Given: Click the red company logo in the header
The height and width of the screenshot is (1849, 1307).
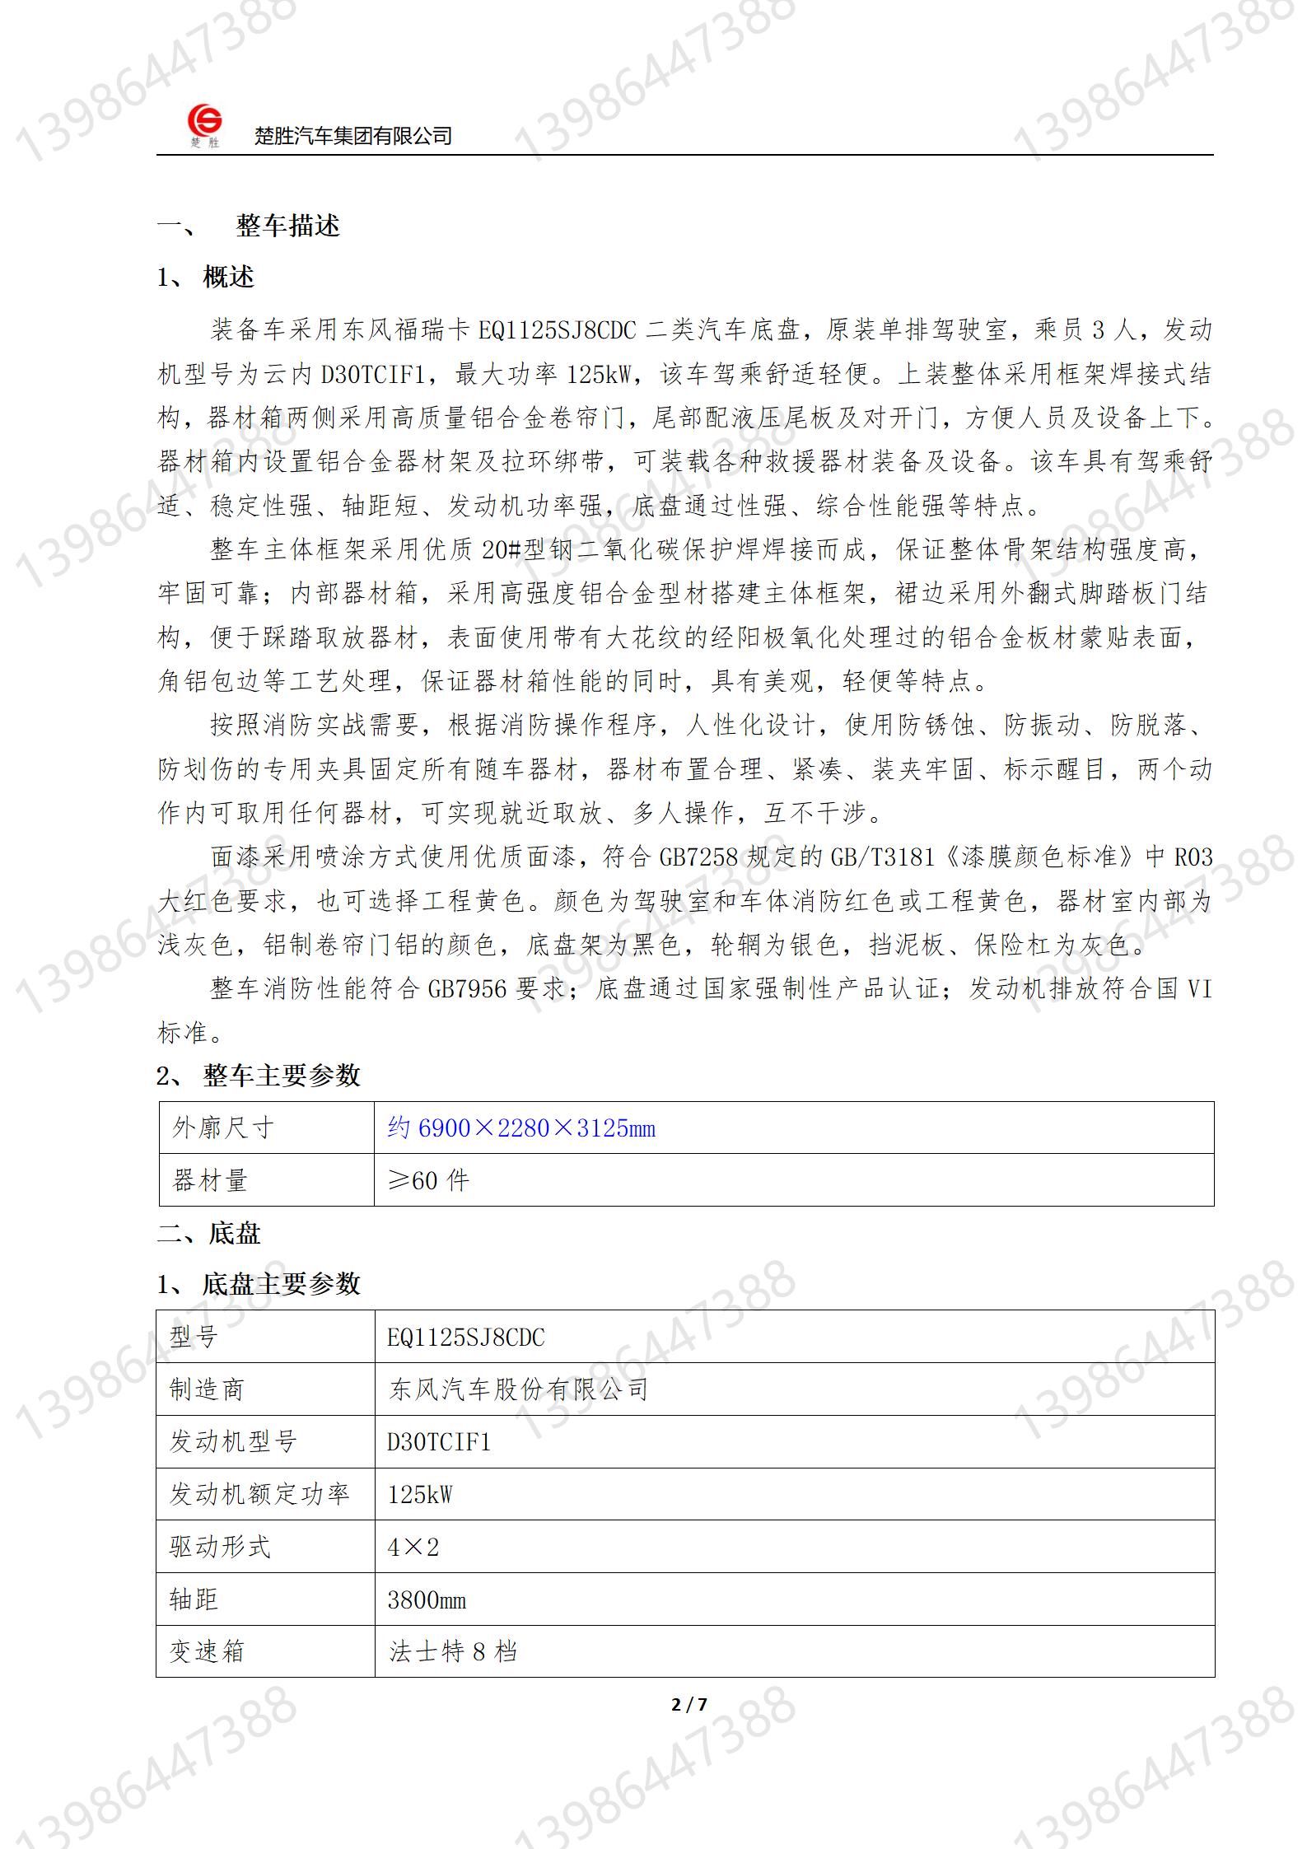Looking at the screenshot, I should (x=204, y=124).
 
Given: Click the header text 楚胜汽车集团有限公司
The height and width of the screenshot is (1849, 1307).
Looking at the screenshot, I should (x=353, y=136).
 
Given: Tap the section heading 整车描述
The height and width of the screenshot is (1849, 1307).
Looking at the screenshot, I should (x=287, y=226).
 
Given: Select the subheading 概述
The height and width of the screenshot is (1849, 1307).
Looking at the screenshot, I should (x=228, y=278).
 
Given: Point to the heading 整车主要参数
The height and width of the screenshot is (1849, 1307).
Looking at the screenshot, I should (x=282, y=1075).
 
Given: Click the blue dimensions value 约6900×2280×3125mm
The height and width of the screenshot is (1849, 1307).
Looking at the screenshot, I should (x=521, y=1128).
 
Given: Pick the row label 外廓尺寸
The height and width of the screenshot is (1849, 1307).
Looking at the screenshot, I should (x=222, y=1128).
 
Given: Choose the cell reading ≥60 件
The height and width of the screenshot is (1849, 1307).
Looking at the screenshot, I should (x=428, y=1180).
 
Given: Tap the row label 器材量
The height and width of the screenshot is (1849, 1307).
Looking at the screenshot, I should (x=209, y=1180).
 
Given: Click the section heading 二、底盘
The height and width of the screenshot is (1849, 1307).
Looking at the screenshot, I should (x=209, y=1233).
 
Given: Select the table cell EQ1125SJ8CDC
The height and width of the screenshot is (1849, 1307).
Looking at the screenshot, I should (x=466, y=1337).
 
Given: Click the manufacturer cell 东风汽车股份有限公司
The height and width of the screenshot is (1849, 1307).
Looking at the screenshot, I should (x=518, y=1389).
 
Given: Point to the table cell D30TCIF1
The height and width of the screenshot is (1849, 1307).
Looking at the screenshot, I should (x=439, y=1441).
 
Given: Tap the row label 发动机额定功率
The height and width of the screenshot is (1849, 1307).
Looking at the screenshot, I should (x=259, y=1494).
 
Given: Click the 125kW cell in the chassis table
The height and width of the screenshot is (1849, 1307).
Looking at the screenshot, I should (x=420, y=1494).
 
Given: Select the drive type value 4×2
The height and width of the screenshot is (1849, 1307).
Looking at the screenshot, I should (x=413, y=1547).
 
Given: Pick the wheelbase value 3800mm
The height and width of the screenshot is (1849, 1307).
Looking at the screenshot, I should (x=427, y=1599).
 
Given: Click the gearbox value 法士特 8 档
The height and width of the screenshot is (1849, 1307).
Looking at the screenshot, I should (x=453, y=1651).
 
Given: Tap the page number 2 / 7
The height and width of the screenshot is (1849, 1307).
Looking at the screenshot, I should (x=689, y=1705).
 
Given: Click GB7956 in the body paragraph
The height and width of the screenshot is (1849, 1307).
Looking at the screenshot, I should (x=467, y=988).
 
